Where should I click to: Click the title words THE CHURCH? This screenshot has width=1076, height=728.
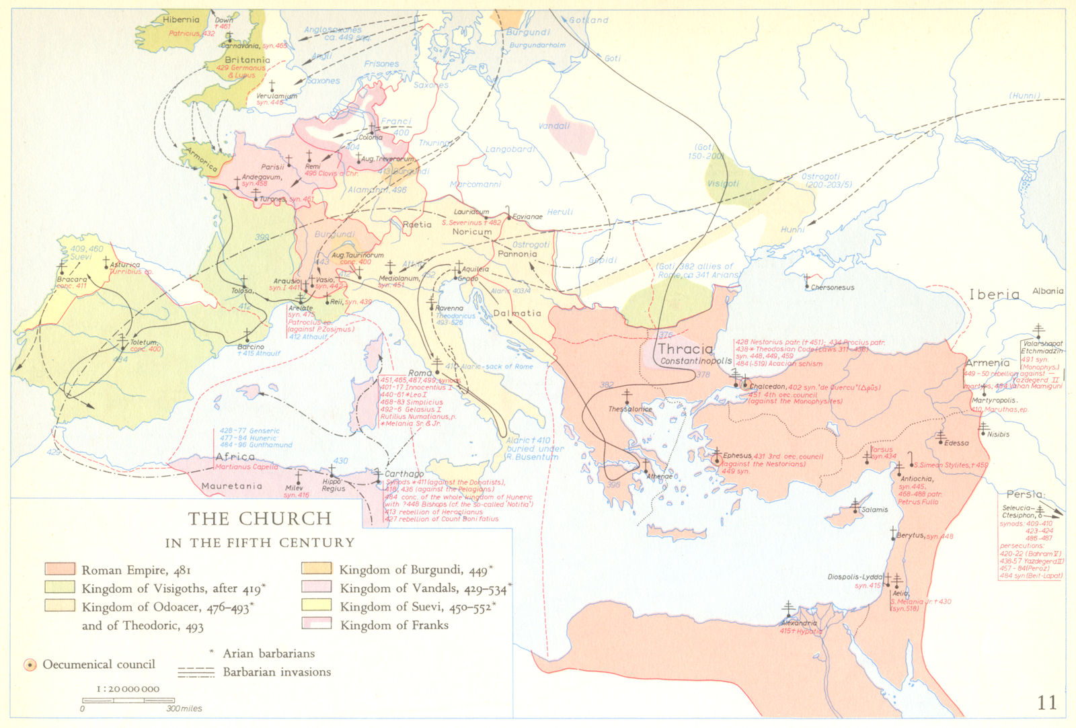pyautogui.click(x=260, y=519)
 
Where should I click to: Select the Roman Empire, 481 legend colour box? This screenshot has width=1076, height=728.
pyautogui.click(x=59, y=569)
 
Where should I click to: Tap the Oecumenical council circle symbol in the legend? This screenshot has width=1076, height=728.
pyautogui.click(x=30, y=665)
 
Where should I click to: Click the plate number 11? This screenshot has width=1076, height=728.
pyautogui.click(x=1047, y=702)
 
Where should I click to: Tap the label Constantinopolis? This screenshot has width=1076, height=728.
pyautogui.click(x=696, y=361)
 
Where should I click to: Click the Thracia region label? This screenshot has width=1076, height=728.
pyautogui.click(x=685, y=348)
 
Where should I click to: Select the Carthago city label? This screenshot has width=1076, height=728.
pyautogui.click(x=404, y=474)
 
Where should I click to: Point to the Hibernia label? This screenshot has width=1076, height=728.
pyautogui.click(x=181, y=20)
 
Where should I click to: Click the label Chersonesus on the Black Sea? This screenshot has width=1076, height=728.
pyautogui.click(x=833, y=288)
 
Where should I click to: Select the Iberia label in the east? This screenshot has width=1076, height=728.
pyautogui.click(x=994, y=294)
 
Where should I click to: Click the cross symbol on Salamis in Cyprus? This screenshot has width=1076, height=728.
pyautogui.click(x=855, y=503)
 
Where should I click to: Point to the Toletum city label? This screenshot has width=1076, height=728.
pyautogui.click(x=144, y=342)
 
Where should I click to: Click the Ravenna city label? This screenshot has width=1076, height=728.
pyautogui.click(x=449, y=308)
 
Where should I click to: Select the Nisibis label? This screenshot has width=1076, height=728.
pyautogui.click(x=998, y=434)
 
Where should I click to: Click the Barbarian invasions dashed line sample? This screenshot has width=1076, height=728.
pyautogui.click(x=196, y=672)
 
